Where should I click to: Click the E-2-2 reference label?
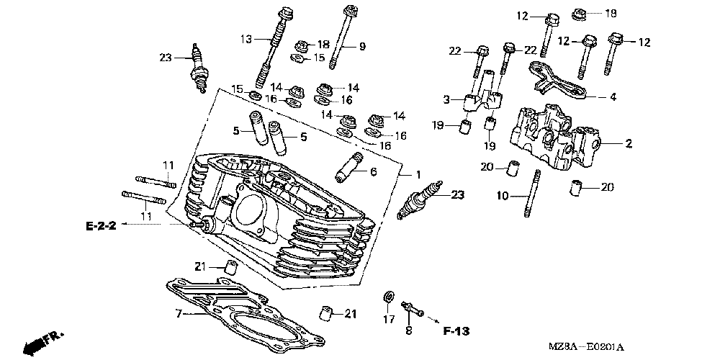point(101,225)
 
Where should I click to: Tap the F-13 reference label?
point(457,330)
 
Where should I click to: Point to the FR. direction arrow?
point(44,343)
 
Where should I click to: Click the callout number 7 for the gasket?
point(179,314)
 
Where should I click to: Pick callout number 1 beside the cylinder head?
point(418,174)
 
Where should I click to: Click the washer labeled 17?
point(389,297)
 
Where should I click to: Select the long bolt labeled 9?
point(340,37)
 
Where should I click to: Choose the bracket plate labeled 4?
point(557,81)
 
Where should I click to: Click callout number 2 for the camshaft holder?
point(628,144)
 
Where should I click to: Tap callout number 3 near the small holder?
point(446,99)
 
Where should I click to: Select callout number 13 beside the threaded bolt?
point(246,40)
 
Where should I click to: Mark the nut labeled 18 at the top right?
point(580,14)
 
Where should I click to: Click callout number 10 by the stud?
point(503,196)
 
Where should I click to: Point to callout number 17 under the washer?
point(389,319)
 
